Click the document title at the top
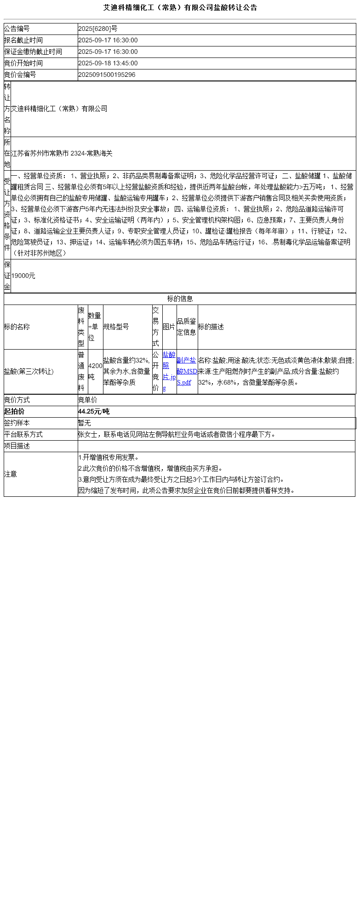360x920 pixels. pos(180,8)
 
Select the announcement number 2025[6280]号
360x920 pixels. pos(97,29)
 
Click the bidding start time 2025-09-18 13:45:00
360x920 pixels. pos(108,63)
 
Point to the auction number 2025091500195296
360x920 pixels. pos(107,75)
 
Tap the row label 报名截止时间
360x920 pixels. pos(23,40)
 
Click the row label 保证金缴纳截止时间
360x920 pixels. pos(33,52)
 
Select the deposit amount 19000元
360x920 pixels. pos(23,276)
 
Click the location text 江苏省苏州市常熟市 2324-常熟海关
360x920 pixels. pos(62,154)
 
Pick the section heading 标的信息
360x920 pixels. pos(180,299)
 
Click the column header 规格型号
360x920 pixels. pos(116,327)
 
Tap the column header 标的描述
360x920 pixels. pos(211,327)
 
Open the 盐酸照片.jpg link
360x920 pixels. pos(169,371)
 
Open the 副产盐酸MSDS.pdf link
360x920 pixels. pos(187,371)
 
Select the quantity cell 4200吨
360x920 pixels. pos(95,371)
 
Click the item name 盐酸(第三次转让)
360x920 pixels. pos(29,372)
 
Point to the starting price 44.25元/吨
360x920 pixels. pos(94,412)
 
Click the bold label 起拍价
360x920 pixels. pos(14,412)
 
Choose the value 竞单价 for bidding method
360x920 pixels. pos(88,400)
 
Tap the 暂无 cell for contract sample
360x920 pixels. pos(85,423)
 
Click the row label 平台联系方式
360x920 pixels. pos(23,435)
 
